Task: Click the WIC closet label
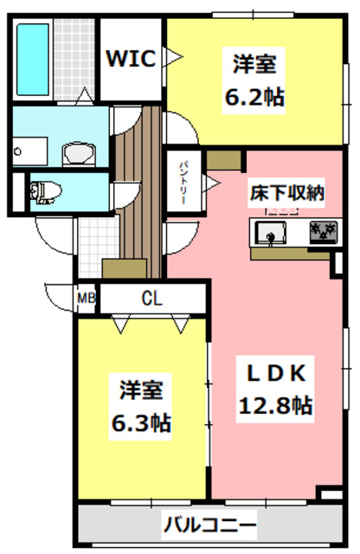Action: coord(131,58)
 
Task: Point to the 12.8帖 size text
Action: coord(274,405)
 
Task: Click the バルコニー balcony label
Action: coord(210,525)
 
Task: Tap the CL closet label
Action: coord(152,299)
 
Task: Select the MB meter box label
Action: coord(87,300)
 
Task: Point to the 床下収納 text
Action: coord(287,192)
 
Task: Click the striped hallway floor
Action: coord(137,199)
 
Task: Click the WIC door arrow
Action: coord(173,58)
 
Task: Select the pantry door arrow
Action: coord(210,181)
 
